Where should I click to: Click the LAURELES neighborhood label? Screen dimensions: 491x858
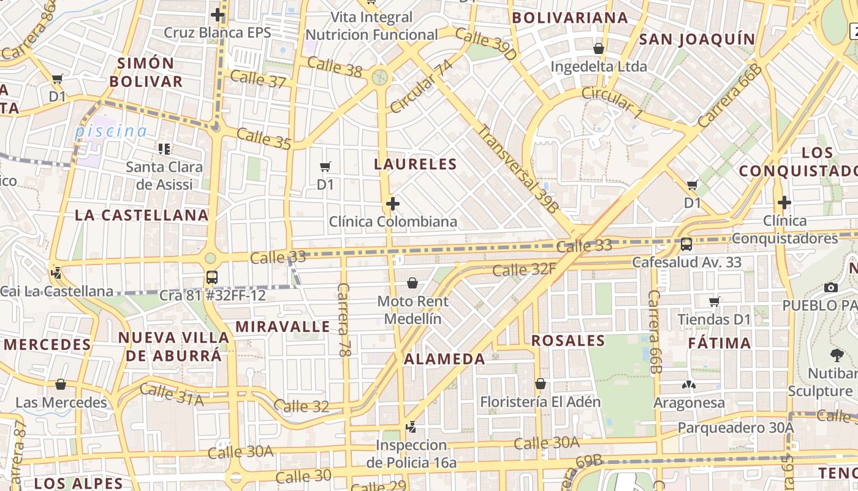[416, 164]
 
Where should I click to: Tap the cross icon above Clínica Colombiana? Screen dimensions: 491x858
[393, 203]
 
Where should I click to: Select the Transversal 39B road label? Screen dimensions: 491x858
[518, 169]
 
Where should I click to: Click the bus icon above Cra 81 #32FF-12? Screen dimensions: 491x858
[211, 277]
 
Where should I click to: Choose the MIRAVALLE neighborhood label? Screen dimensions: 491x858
[283, 327]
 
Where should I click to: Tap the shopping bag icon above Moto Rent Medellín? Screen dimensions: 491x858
[412, 283]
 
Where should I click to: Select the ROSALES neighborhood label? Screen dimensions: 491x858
[568, 341]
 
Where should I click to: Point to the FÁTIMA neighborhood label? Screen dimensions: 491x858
[719, 343]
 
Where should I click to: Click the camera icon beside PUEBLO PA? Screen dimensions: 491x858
[831, 287]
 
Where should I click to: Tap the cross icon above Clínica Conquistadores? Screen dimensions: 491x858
[784, 202]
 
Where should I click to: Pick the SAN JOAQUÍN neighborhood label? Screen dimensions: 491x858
[697, 39]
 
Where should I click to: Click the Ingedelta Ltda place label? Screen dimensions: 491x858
[599, 66]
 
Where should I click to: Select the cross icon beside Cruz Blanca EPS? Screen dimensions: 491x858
[217, 15]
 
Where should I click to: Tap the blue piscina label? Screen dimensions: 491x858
[111, 131]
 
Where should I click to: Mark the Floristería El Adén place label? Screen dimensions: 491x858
[540, 402]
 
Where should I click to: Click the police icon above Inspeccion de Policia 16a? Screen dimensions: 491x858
[411, 427]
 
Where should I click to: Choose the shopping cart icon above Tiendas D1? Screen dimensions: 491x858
[714, 301]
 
